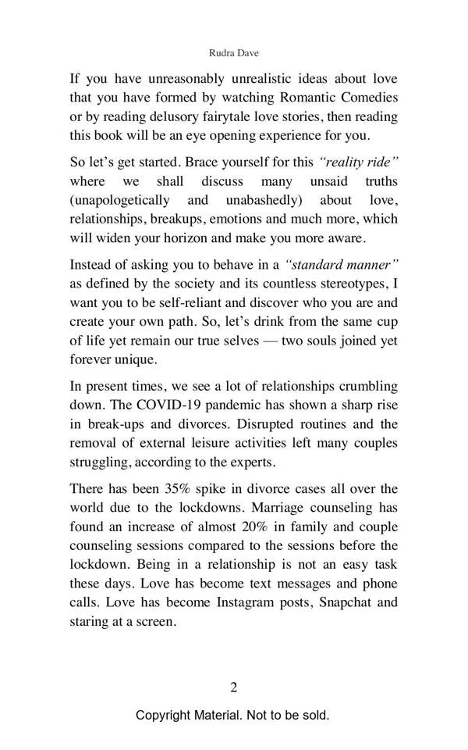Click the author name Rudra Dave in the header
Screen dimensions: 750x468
pyautogui.click(x=233, y=54)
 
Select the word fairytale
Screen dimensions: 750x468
pyautogui.click(x=218, y=116)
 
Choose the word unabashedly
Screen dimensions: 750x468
pyautogui.click(x=269, y=202)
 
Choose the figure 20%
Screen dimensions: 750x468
pyautogui.click(x=253, y=527)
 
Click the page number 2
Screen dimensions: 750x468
pyautogui.click(x=233, y=687)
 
